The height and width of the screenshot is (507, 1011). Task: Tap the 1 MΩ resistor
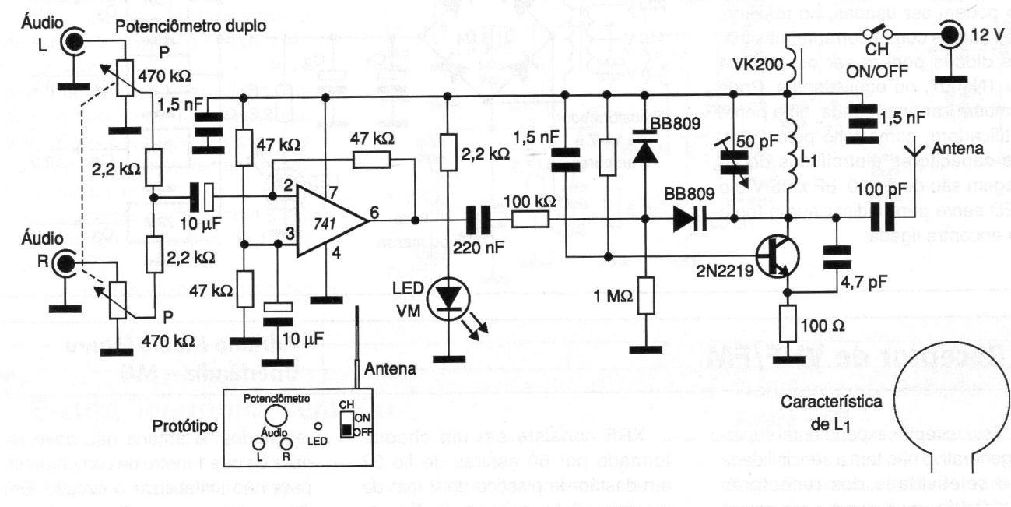tap(645, 295)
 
